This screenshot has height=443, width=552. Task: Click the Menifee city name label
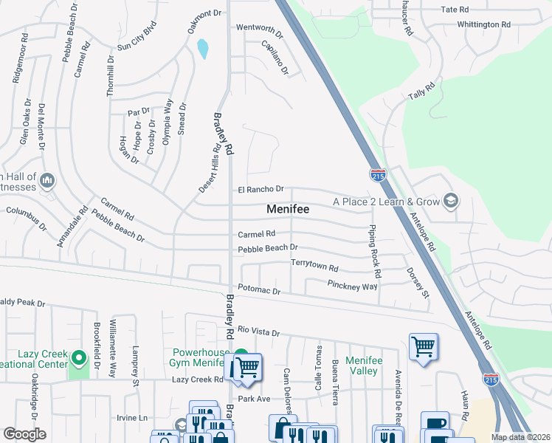point(287,210)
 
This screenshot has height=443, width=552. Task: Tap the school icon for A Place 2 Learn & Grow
point(449,202)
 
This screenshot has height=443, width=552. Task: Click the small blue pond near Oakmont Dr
point(202,49)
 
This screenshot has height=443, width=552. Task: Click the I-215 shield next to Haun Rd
point(491,379)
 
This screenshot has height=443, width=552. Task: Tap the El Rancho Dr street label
point(261,190)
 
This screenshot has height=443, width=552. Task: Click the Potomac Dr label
point(259,292)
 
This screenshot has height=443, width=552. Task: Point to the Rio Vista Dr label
point(258,332)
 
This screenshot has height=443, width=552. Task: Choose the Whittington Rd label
point(483,24)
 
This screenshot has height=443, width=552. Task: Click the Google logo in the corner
point(24,434)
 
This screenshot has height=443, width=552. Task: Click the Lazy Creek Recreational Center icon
point(80,360)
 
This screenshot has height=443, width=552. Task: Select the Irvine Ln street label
point(132,418)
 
